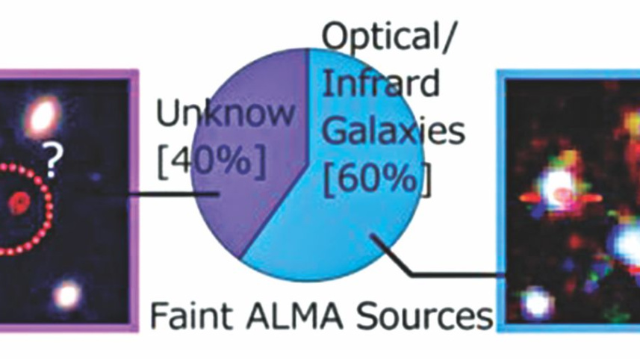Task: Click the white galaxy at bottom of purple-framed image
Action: coord(66,294)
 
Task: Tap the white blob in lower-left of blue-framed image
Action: coord(537,302)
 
